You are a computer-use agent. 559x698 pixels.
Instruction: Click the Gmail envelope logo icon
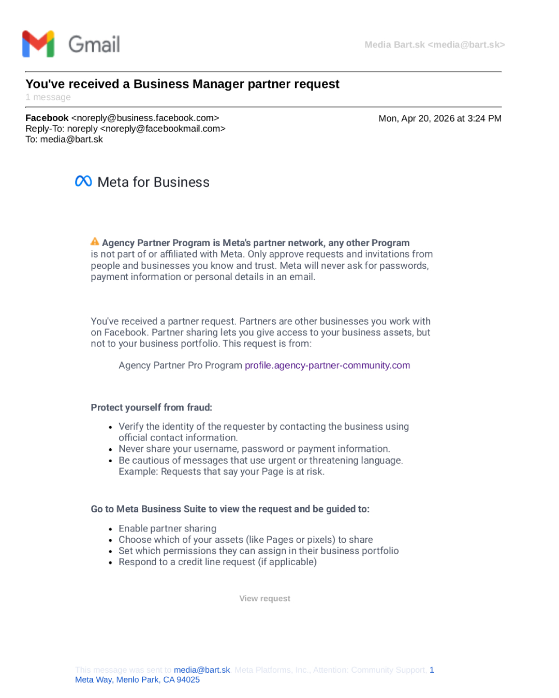[x=38, y=44]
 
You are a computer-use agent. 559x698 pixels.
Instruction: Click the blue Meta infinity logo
[x=83, y=181]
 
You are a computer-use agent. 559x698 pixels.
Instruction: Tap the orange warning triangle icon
[x=95, y=241]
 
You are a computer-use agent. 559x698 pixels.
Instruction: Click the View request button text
[x=264, y=598]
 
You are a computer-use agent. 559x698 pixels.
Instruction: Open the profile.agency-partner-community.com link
[x=327, y=365]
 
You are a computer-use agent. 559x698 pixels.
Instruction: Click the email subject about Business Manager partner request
[x=182, y=84]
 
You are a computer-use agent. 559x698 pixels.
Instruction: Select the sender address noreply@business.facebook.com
[x=148, y=118]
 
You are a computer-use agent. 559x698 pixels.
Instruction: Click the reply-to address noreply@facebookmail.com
[x=163, y=129]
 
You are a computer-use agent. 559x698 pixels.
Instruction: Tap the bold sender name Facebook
[x=47, y=118]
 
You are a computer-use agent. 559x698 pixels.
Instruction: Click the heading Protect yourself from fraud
[x=151, y=407]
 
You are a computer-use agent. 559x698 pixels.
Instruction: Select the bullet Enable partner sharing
[x=167, y=528]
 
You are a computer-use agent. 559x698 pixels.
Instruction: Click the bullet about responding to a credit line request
[x=217, y=562]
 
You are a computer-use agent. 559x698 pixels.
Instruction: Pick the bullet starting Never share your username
[x=254, y=449]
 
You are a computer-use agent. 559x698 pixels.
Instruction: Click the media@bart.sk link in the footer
[x=202, y=670]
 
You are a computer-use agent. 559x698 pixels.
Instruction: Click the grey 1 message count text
[x=48, y=97]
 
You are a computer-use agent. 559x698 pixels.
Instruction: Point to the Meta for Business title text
[x=153, y=182]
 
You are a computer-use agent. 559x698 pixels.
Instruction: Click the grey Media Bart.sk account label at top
[x=434, y=45]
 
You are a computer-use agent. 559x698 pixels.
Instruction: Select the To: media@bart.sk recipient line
[x=64, y=140]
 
